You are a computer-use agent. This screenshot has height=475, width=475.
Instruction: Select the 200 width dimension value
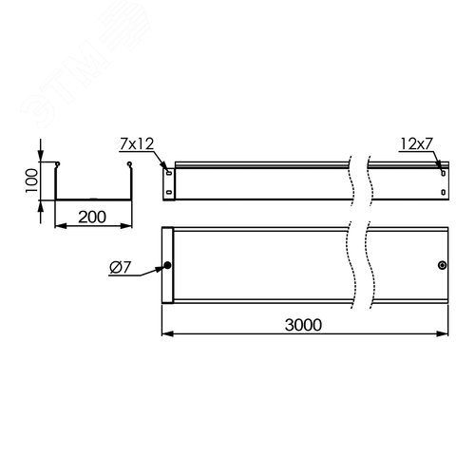click(x=91, y=218)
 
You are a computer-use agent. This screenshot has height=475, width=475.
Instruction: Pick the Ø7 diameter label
click(x=121, y=270)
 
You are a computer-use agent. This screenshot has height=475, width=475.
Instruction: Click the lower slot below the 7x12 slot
click(x=169, y=195)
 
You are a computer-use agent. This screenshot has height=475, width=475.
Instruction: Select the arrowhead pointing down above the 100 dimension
click(x=41, y=159)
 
